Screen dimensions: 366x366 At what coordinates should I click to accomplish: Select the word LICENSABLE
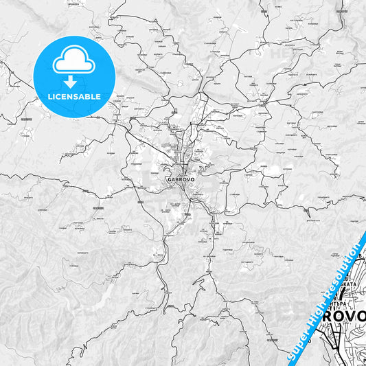click(74, 97)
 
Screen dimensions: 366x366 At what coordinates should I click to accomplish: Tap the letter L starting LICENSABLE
click(49, 97)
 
